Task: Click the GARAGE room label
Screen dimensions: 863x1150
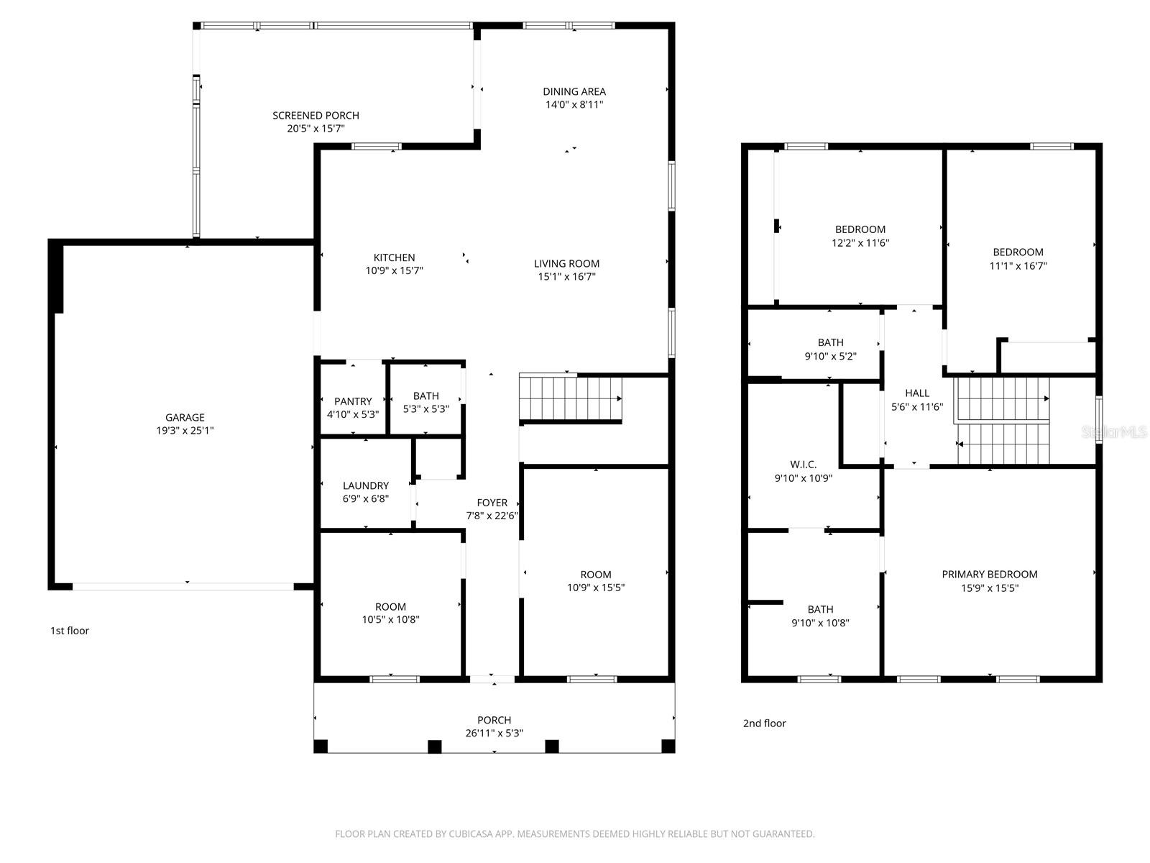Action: click(185, 417)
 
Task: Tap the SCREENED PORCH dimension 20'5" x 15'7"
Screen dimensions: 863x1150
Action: click(316, 129)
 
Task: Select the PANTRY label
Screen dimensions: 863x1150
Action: click(353, 401)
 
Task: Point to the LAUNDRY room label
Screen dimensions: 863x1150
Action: click(366, 485)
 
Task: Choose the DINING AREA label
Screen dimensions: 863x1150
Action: click(574, 91)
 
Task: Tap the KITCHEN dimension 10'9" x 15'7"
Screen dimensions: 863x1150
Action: click(394, 270)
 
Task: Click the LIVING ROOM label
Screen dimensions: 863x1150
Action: click(566, 263)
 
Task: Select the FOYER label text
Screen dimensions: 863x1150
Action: click(492, 503)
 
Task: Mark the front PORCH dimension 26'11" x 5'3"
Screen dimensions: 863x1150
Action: click(494, 734)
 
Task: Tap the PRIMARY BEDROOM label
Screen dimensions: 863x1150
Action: click(989, 574)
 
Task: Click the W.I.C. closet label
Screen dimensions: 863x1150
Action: click(802, 465)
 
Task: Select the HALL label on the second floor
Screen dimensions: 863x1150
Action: click(916, 393)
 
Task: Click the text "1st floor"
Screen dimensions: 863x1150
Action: click(69, 631)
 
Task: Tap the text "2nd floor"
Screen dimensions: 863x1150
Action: click(764, 723)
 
